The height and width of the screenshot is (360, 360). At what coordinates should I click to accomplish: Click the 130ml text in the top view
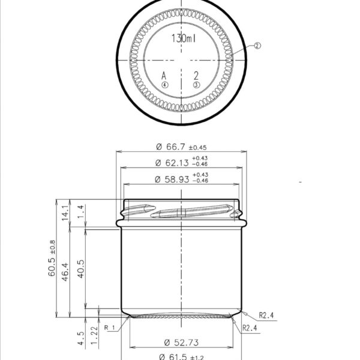pyautogui.click(x=183, y=38)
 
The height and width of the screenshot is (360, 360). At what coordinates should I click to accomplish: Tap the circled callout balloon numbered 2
pyautogui.click(x=257, y=45)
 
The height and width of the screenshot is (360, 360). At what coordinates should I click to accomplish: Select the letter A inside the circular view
pyautogui.click(x=164, y=76)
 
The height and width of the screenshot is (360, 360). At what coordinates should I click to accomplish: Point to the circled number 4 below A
pyautogui.click(x=164, y=85)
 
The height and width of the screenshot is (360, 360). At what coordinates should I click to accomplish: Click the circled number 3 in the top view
pyautogui.click(x=196, y=85)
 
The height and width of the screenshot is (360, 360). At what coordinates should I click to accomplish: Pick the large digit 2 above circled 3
pyautogui.click(x=196, y=76)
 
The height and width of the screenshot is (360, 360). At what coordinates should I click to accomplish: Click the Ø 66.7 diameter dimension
pyautogui.click(x=181, y=147)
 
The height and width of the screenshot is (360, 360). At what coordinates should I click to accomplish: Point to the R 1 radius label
pyautogui.click(x=109, y=328)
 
